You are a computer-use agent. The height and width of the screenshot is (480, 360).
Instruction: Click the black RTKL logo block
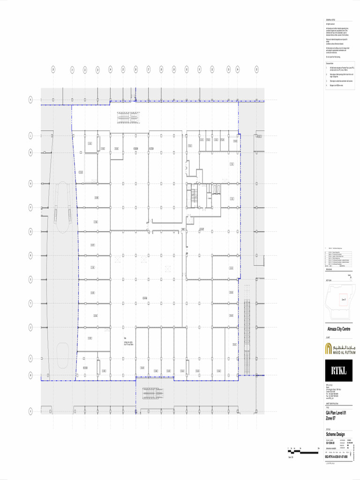tap(338, 371)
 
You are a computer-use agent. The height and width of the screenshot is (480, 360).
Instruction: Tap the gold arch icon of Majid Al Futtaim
tap(329, 348)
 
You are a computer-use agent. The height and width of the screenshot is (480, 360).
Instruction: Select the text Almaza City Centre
tap(338, 329)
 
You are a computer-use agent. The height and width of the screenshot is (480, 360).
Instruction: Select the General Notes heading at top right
tap(331, 20)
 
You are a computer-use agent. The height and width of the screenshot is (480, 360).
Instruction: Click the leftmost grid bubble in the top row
tap(53, 69)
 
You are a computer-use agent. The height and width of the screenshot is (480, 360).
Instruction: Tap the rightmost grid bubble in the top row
tap(257, 69)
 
